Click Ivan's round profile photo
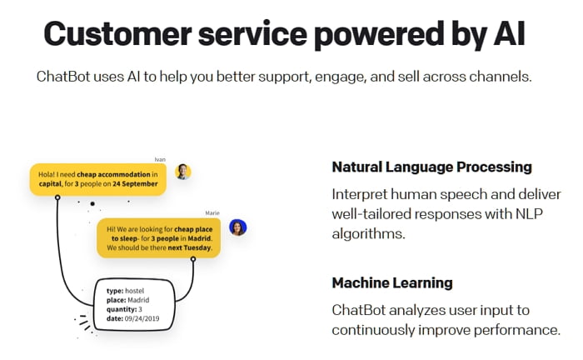pos(183,172)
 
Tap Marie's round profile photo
pos(237,227)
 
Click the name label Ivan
pos(160,159)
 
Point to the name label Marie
pos(212,213)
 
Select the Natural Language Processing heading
pos(431,167)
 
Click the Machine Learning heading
pos(392,282)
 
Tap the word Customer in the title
pos(117,34)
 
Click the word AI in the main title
pos(509,34)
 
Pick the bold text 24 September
pos(135,183)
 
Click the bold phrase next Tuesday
pos(190,247)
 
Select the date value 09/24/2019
pos(142,318)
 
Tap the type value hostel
pos(134,291)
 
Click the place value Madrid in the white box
pos(138,300)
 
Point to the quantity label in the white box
pos(122,309)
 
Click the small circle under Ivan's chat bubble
pos(57,197)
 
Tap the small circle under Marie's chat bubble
pos(193,259)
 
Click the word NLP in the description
pos(529,214)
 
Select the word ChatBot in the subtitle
pos(63,77)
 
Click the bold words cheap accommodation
pos(113,174)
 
